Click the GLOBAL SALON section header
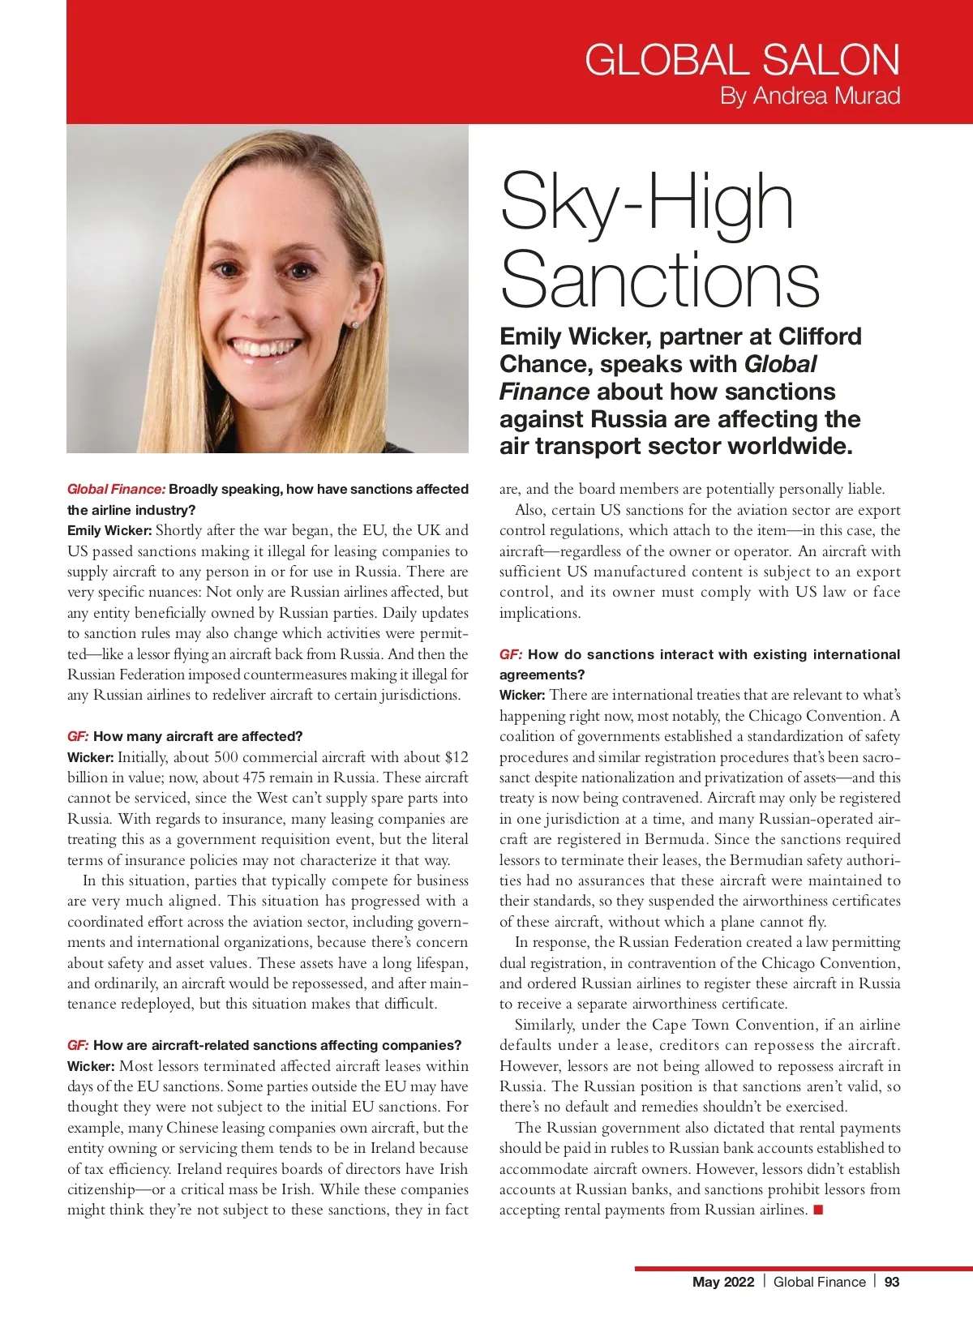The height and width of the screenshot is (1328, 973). (x=742, y=60)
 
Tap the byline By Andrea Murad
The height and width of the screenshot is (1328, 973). (x=810, y=96)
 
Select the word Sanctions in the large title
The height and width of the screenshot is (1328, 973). (x=660, y=280)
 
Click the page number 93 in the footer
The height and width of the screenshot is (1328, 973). (x=892, y=1282)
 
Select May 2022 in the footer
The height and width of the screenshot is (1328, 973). (x=723, y=1282)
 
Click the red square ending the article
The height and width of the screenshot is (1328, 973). (x=818, y=1210)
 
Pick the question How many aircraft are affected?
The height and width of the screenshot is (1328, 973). (x=198, y=736)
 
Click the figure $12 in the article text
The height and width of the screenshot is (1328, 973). (x=456, y=757)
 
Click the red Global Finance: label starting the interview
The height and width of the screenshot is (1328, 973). (x=116, y=489)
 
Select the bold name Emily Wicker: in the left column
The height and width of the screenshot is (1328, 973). (x=109, y=531)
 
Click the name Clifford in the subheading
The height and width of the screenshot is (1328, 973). (x=819, y=336)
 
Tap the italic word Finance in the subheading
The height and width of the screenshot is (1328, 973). (x=544, y=392)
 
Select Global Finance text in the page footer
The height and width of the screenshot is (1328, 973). (x=819, y=1282)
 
